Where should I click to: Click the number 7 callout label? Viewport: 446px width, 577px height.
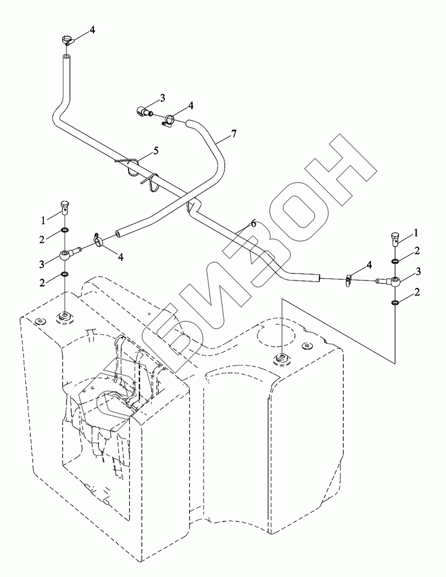pyautogui.click(x=233, y=134)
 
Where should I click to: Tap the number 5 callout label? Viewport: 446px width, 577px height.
pyautogui.click(x=155, y=151)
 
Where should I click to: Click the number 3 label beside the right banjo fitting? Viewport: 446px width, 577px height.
pyautogui.click(x=417, y=271)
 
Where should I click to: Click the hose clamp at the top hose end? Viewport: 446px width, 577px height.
pyautogui.click(x=67, y=41)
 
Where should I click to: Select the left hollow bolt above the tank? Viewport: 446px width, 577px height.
pyautogui.click(x=65, y=207)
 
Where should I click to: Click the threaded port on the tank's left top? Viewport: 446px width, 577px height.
pyautogui.click(x=64, y=316)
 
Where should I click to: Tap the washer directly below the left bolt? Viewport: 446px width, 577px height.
pyautogui.click(x=65, y=232)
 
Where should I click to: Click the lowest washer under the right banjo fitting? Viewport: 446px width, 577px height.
pyautogui.click(x=395, y=302)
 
